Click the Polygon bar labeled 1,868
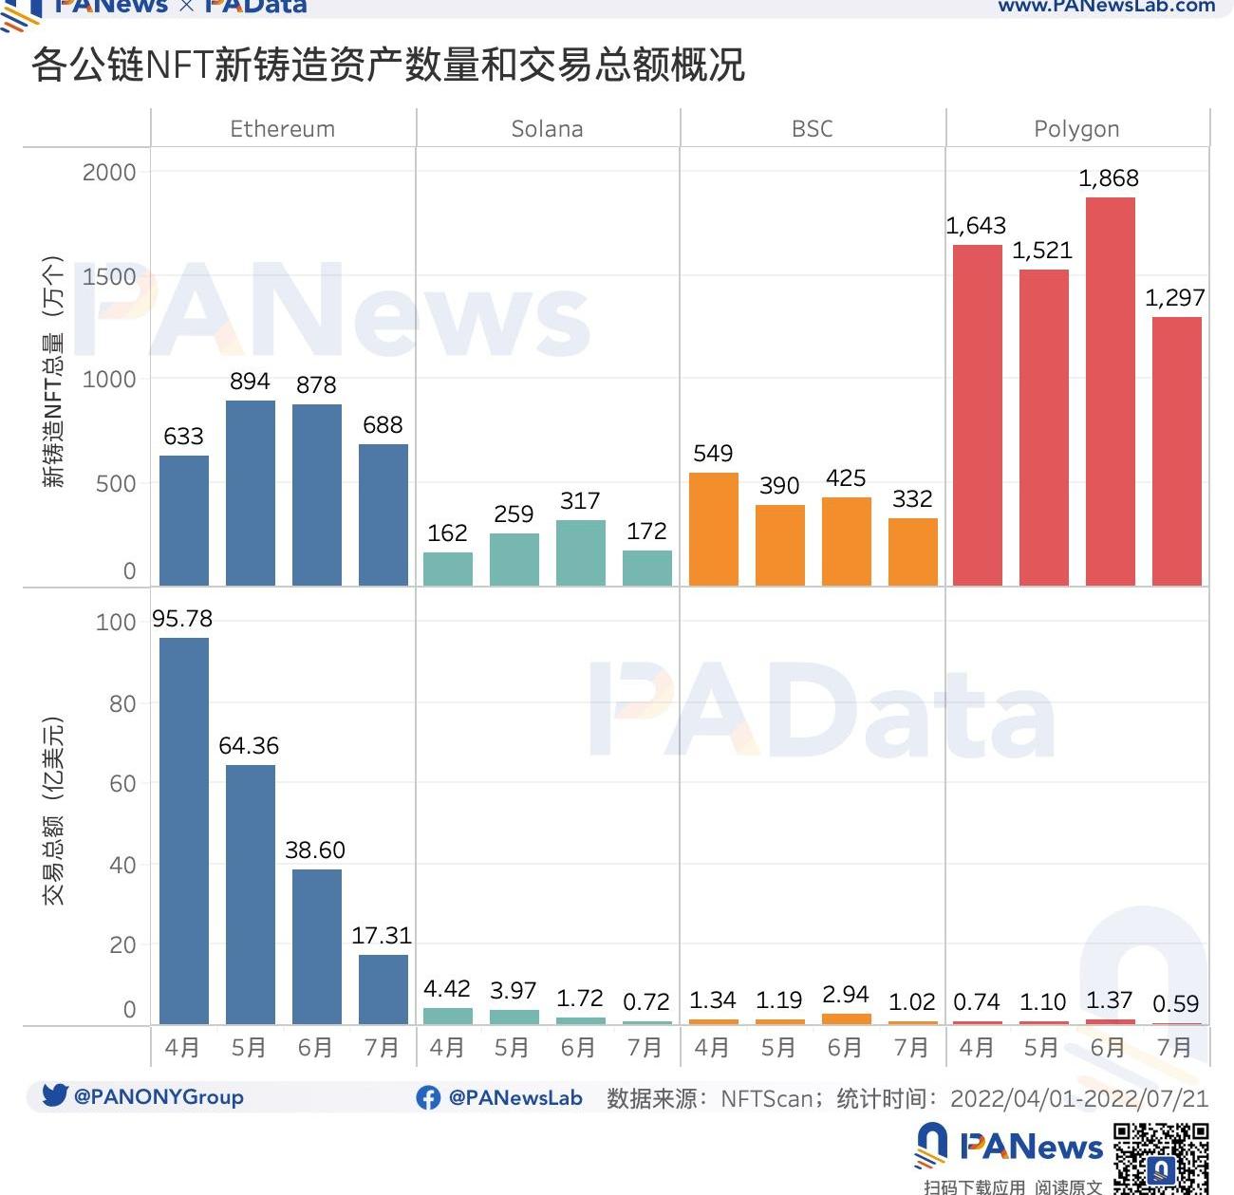1110,391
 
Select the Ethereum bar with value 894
251,493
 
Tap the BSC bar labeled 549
713,529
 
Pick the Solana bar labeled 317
580,552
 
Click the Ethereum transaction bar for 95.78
184,831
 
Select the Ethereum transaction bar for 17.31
383,989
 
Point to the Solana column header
547,129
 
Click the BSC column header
813,129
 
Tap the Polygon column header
1076,129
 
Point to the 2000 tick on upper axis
109,173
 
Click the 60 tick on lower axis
122,784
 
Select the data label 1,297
1174,298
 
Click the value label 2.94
845,994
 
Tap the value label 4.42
447,989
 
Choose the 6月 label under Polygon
1108,1048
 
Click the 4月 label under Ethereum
182,1048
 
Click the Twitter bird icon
55,1095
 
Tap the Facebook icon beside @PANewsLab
428,1097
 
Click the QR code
1160,1158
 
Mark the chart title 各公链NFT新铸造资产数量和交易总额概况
388,65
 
